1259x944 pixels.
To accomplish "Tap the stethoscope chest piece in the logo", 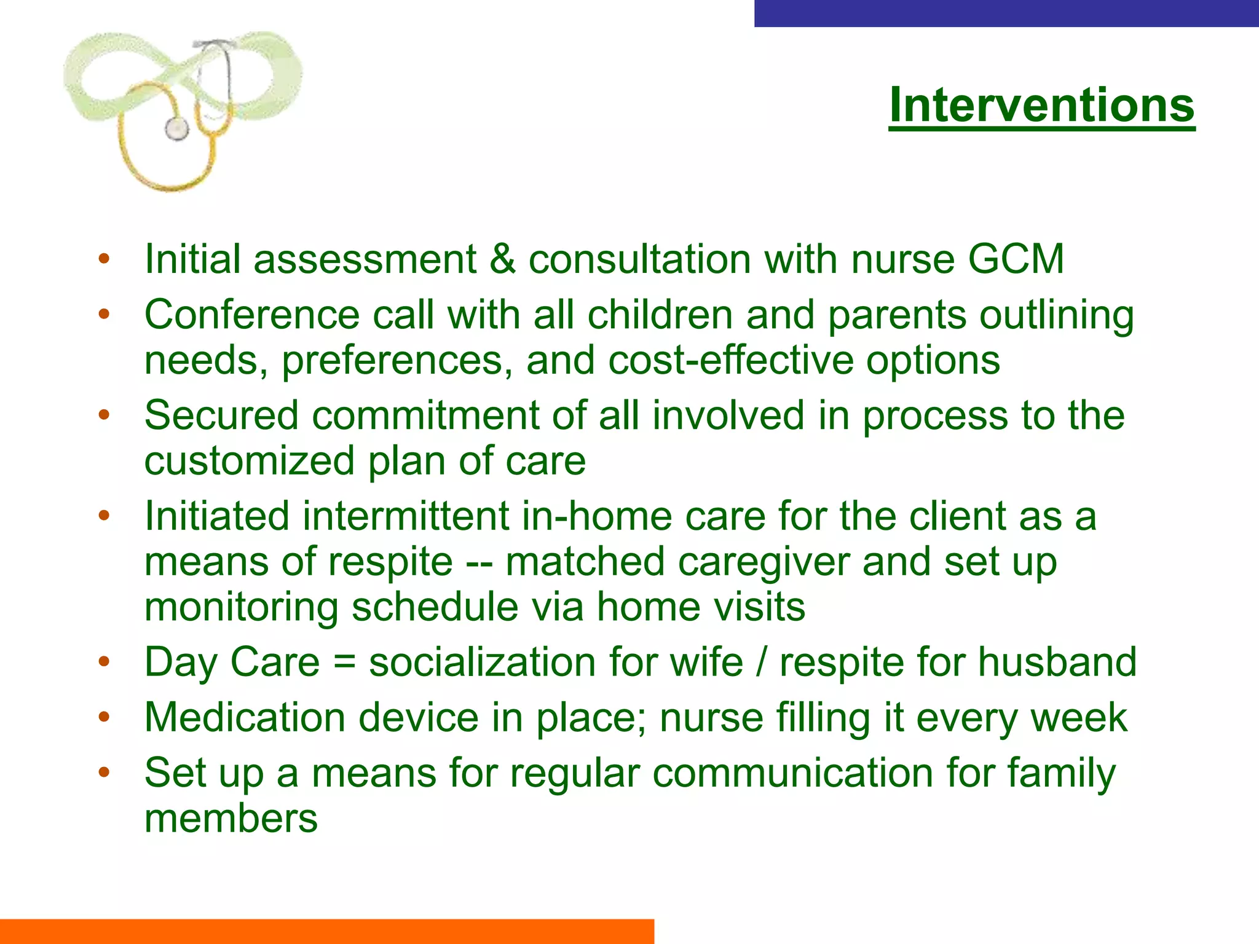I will coord(176,128).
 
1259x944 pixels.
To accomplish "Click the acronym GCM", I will coord(1016,259).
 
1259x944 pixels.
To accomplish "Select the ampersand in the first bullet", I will coord(502,259).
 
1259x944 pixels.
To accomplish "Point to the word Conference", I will coord(251,315).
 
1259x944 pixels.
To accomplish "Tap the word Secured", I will coord(221,415).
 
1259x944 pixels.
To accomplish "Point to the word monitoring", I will coord(241,607).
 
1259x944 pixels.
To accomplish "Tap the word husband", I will coord(1057,663).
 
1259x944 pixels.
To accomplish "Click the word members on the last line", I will coord(231,819).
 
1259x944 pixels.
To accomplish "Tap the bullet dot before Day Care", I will coord(104,663).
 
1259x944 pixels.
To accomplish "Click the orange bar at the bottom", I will coord(326,931).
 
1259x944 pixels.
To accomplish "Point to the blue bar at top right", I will coord(1006,13).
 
